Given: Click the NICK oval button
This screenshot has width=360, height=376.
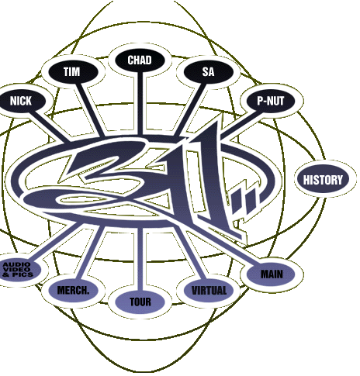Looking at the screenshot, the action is pyautogui.click(x=22, y=101).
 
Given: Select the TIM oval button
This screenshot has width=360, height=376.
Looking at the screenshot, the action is pyautogui.click(x=73, y=71).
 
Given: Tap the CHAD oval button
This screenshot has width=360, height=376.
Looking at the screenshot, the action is pyautogui.click(x=140, y=60).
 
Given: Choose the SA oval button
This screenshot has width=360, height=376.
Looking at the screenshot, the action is pyautogui.click(x=209, y=72).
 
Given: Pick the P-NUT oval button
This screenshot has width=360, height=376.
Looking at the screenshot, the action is pyautogui.click(x=271, y=101).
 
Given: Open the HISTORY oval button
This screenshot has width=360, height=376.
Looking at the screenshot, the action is pyautogui.click(x=323, y=180).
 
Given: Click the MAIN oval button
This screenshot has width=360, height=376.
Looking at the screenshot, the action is pyautogui.click(x=271, y=274).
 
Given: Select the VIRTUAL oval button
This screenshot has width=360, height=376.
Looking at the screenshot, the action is pyautogui.click(x=209, y=291).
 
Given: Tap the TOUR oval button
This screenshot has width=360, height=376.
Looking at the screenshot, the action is pyautogui.click(x=140, y=302).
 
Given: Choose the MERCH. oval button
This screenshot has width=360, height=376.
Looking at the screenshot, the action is pyautogui.click(x=73, y=291).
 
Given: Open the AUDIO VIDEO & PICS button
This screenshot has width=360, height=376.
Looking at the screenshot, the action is pyautogui.click(x=19, y=270).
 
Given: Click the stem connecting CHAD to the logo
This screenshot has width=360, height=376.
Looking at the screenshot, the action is pyautogui.click(x=140, y=103).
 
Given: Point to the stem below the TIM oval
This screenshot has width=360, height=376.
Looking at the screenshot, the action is pyautogui.click(x=91, y=109).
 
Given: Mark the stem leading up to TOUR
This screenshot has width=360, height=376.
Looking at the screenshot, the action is pyautogui.click(x=140, y=259).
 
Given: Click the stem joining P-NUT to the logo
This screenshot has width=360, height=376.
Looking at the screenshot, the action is pyautogui.click(x=241, y=123).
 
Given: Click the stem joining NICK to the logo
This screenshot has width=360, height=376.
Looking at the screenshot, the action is pyautogui.click(x=48, y=126).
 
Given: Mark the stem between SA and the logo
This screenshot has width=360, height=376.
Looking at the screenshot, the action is pyautogui.click(x=191, y=109).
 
